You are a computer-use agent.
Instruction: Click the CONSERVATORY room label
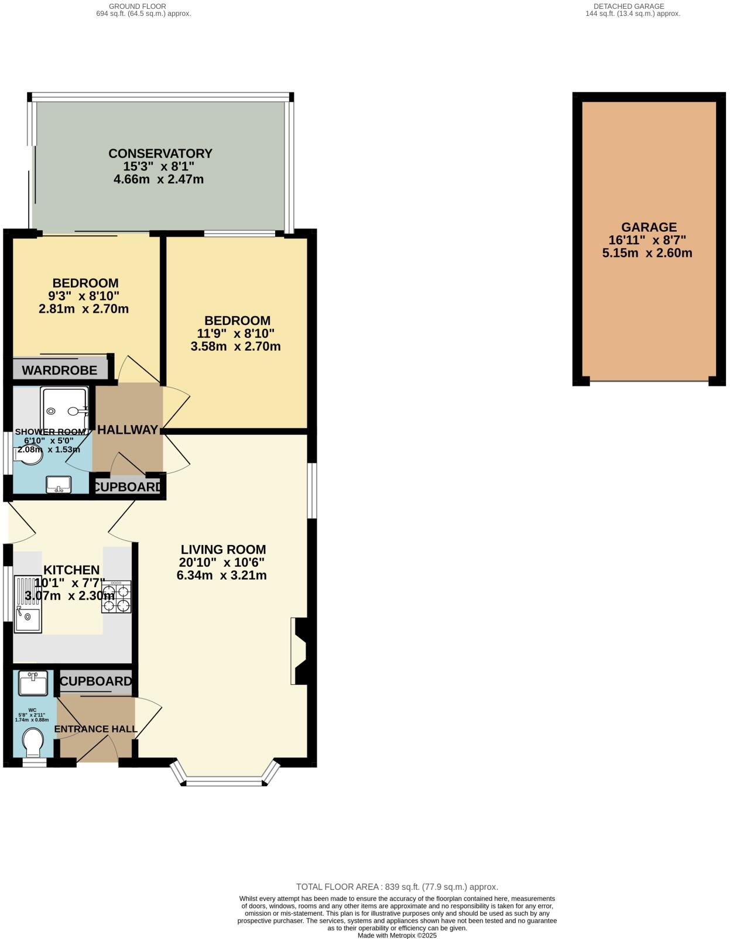(x=160, y=153)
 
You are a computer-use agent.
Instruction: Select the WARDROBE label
(x=60, y=370)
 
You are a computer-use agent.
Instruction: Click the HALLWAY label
(x=128, y=430)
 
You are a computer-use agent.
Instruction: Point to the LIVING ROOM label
(x=223, y=550)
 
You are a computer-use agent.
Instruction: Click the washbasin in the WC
(x=33, y=683)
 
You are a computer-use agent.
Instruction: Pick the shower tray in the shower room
(x=64, y=409)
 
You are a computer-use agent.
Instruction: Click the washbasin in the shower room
(x=59, y=484)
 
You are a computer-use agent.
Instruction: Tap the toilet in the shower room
(x=29, y=455)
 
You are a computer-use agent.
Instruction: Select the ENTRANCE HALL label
(x=96, y=729)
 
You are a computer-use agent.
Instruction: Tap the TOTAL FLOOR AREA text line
(x=397, y=887)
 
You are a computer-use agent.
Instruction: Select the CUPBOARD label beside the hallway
(x=128, y=486)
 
